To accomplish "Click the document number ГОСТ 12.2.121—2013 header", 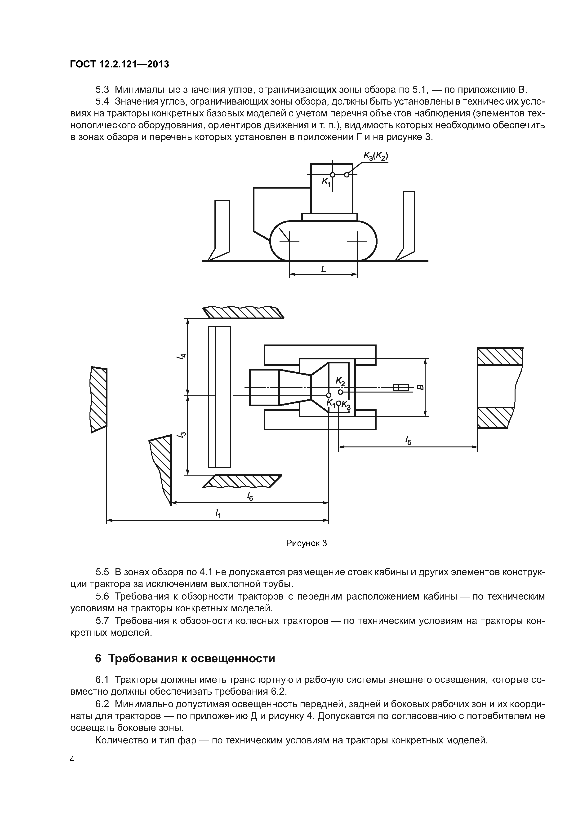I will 119,64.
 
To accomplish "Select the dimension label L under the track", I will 323,269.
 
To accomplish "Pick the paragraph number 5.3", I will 102,89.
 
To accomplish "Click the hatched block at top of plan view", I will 243,312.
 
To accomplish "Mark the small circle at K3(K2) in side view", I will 347,175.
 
